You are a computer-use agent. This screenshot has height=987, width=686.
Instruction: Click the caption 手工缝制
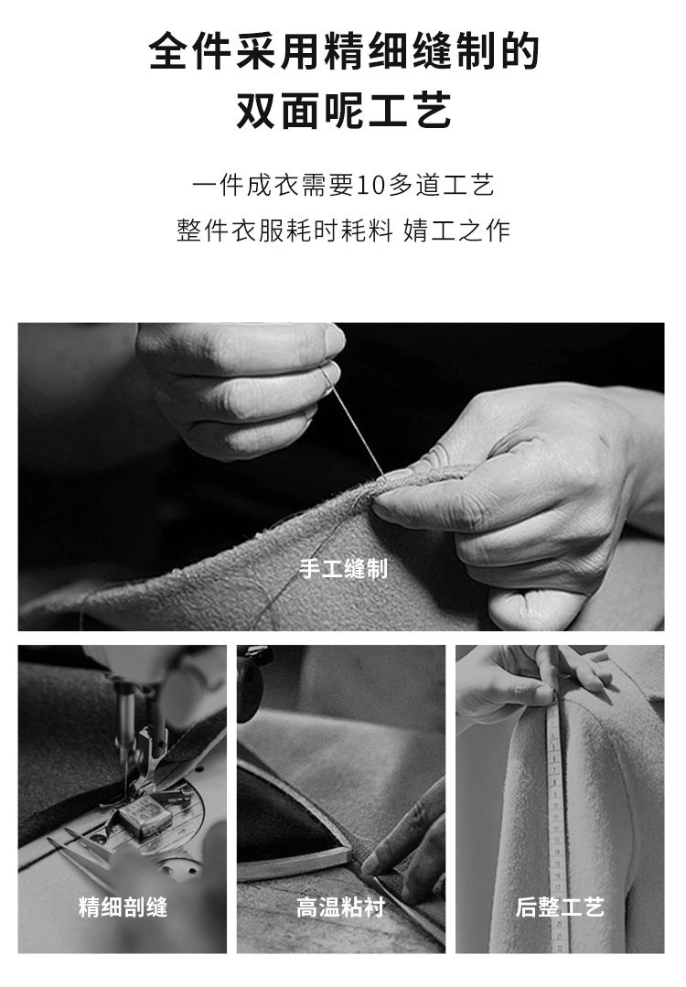343,569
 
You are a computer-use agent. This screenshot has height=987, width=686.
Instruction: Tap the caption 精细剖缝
123,907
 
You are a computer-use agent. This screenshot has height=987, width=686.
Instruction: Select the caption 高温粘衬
341,907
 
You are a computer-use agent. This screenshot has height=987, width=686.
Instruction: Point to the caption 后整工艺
560,907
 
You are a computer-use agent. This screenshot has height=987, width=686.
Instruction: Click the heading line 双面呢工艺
344,110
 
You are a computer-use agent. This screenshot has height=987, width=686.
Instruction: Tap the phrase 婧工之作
456,231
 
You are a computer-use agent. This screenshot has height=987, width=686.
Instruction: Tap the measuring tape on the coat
558,819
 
